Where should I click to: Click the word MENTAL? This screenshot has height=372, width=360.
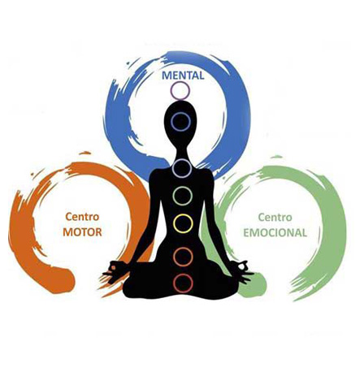183,76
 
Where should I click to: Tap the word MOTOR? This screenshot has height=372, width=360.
82,232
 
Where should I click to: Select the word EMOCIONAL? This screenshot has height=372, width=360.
275,232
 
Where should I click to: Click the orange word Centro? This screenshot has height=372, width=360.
82,217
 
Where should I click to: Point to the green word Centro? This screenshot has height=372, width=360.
275,217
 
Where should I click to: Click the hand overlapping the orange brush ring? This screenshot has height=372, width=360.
115,270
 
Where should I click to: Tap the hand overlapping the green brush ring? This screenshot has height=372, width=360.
242,270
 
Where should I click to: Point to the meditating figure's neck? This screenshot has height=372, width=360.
181,153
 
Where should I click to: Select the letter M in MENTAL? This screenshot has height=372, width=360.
166,76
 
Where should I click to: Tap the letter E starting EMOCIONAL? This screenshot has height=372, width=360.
246,233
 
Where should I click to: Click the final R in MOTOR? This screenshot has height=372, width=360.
98,232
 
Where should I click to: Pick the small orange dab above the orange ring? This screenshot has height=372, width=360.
85,153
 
